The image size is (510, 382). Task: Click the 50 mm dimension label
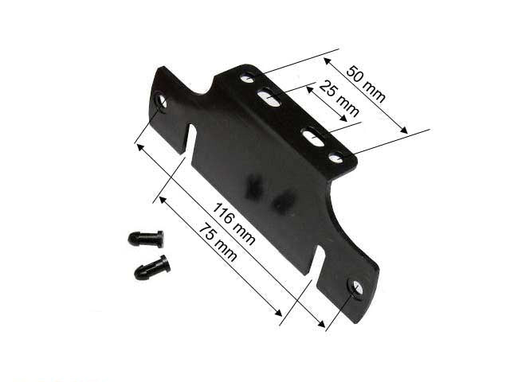366,84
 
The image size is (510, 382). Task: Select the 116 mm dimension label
233,224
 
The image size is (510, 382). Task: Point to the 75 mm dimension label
218,242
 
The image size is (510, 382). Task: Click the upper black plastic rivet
145,239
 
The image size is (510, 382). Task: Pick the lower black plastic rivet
152,267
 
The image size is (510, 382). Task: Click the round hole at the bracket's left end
161,102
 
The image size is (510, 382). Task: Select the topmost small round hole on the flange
248,78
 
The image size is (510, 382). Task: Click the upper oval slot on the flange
269,99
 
